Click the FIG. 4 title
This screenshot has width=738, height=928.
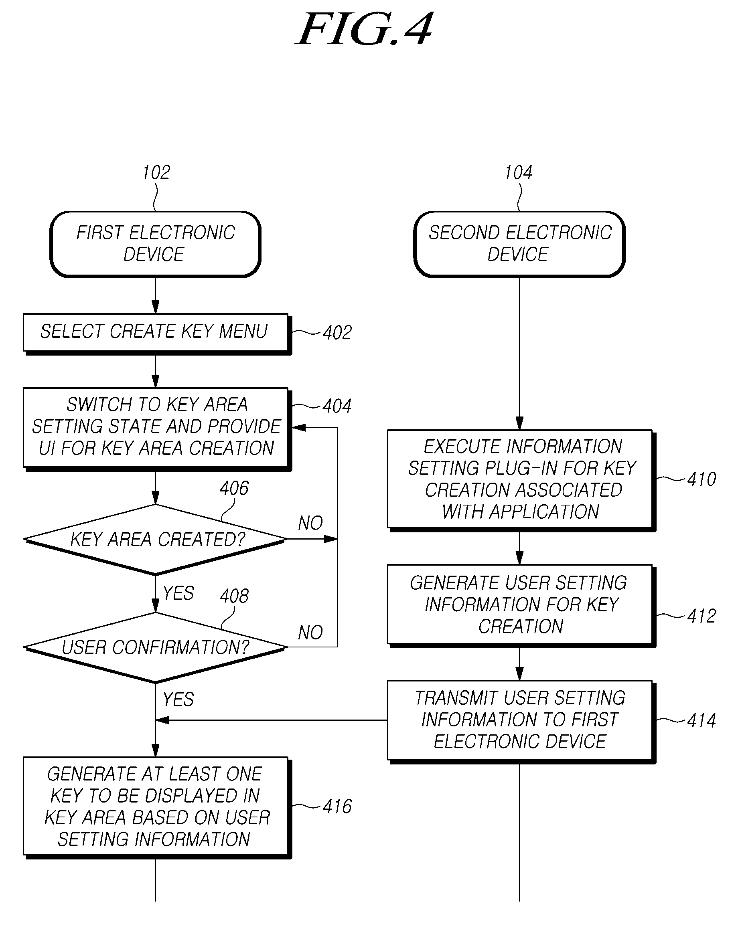(x=365, y=29)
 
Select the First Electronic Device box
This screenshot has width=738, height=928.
(x=156, y=244)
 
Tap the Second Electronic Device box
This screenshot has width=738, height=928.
(x=519, y=244)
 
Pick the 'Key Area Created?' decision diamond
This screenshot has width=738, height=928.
(x=156, y=539)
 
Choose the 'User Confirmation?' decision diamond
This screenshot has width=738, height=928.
(x=156, y=647)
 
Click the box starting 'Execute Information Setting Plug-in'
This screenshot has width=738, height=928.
(x=521, y=480)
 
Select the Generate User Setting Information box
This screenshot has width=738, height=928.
(x=521, y=606)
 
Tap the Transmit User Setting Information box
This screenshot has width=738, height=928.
(x=521, y=722)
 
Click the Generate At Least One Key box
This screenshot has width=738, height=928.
(x=157, y=807)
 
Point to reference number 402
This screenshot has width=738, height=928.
(x=337, y=333)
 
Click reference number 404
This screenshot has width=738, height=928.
(x=337, y=406)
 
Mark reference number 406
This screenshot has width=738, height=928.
(x=234, y=488)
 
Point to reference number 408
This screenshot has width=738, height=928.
(x=234, y=596)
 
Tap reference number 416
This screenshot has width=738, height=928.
(x=337, y=806)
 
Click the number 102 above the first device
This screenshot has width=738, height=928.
(x=156, y=173)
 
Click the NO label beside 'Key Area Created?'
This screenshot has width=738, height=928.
(x=310, y=524)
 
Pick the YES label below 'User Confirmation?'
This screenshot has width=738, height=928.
(x=178, y=700)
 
